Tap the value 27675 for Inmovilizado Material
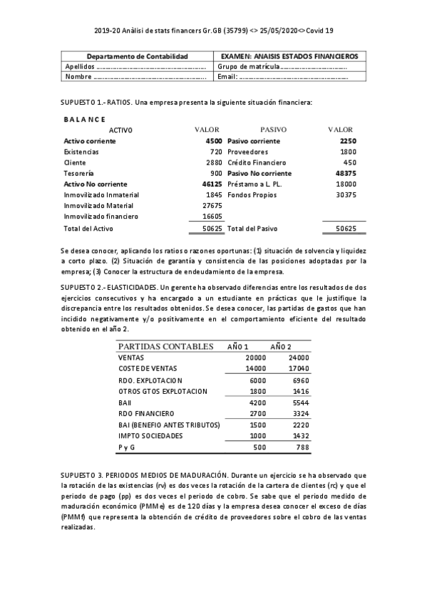pos(212,205)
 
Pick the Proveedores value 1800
pos(348,152)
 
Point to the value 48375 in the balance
pos(345,173)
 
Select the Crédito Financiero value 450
pos(349,162)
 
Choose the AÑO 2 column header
pos(281,346)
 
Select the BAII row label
pos(125,402)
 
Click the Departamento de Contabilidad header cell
pos(137,56)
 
